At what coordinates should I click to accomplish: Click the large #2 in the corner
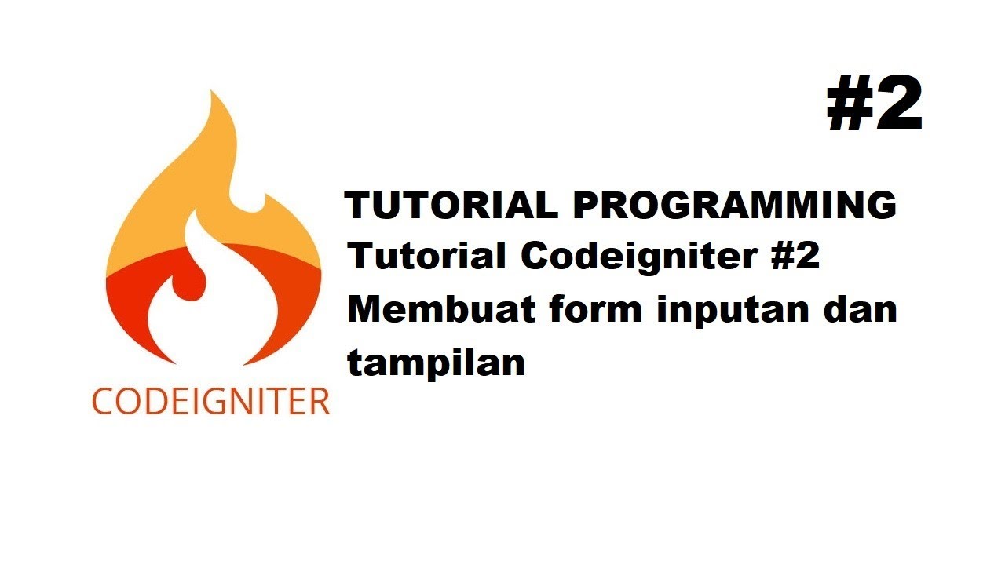pos(875,106)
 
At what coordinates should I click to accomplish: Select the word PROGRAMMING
pos(734,206)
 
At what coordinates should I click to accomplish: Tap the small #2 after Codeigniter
pos(794,257)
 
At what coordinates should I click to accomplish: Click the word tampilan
pos(436,363)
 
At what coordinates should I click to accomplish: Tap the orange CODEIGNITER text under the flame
pos(211,401)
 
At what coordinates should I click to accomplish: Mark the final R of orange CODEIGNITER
pos(318,401)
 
